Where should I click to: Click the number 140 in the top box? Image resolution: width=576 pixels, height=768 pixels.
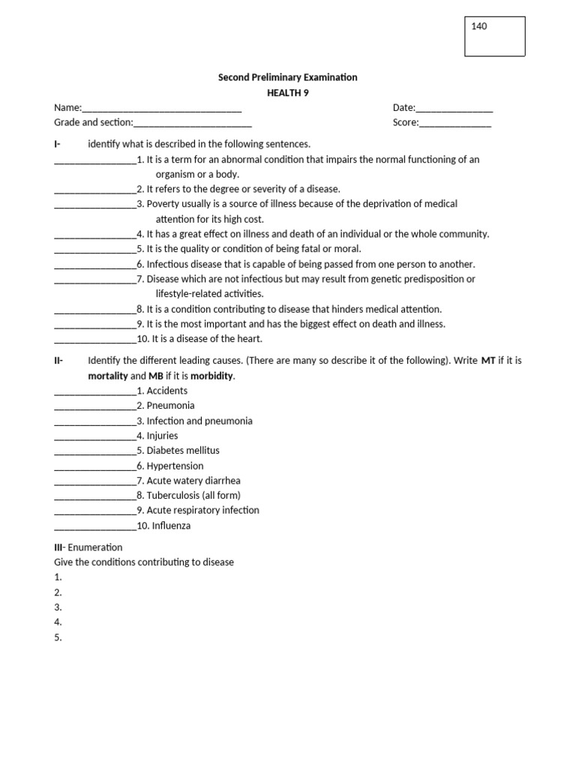(x=479, y=27)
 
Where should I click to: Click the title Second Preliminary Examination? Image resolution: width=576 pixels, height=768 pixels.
(x=287, y=77)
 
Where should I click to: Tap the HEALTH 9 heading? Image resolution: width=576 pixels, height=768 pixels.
(x=287, y=93)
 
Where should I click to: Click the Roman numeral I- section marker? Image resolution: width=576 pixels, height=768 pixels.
(x=57, y=144)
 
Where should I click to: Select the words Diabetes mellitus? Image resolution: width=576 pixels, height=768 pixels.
(x=183, y=451)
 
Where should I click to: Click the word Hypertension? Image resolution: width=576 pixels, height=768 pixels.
(x=175, y=466)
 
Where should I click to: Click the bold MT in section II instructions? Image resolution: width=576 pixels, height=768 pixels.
(x=488, y=361)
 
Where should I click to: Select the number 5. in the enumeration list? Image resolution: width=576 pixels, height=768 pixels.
(x=58, y=637)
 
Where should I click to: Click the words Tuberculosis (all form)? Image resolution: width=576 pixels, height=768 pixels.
(x=193, y=496)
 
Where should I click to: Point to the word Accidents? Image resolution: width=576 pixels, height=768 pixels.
(x=167, y=391)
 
